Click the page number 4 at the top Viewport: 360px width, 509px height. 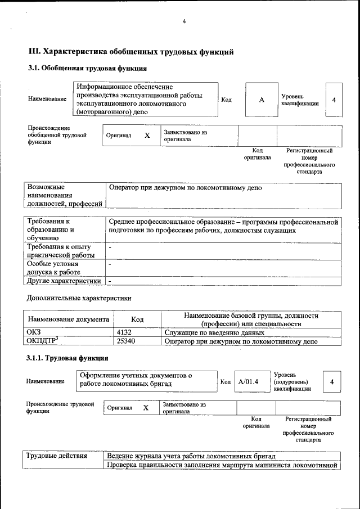[x=183, y=22]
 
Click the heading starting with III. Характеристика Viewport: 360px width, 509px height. [x=130, y=52]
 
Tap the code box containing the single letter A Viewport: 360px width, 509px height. [x=262, y=100]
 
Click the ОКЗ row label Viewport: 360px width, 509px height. [x=34, y=332]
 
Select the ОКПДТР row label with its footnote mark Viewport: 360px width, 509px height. [x=43, y=341]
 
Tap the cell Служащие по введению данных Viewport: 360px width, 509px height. [x=206, y=332]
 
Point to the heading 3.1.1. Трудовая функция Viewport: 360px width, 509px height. [x=67, y=358]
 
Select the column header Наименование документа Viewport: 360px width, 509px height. [x=68, y=319]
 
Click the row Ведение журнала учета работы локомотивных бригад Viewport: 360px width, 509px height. [x=191, y=456]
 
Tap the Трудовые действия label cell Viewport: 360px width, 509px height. [x=57, y=456]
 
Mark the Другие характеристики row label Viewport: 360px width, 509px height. [x=64, y=281]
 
